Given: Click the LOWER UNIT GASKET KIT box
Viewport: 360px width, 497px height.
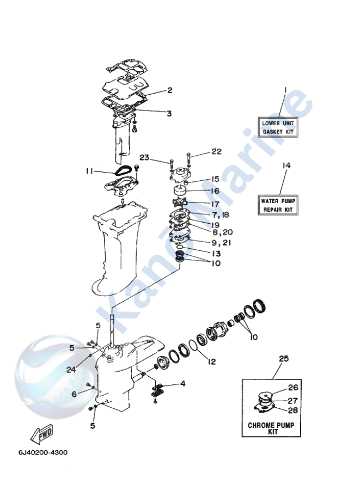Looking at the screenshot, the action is (278, 127).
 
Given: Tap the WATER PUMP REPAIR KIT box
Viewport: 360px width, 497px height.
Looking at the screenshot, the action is (278, 205).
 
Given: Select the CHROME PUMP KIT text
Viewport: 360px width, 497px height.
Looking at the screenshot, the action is (271, 428).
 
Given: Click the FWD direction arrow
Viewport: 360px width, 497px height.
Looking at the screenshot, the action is (41, 434).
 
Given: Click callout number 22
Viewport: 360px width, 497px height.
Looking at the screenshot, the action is (216, 151).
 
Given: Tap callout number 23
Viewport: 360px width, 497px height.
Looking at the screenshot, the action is (144, 157).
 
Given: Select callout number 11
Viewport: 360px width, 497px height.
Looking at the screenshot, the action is (89, 171).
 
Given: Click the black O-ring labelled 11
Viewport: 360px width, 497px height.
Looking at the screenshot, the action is (123, 171).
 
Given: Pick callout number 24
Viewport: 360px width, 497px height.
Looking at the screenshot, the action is (71, 370).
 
